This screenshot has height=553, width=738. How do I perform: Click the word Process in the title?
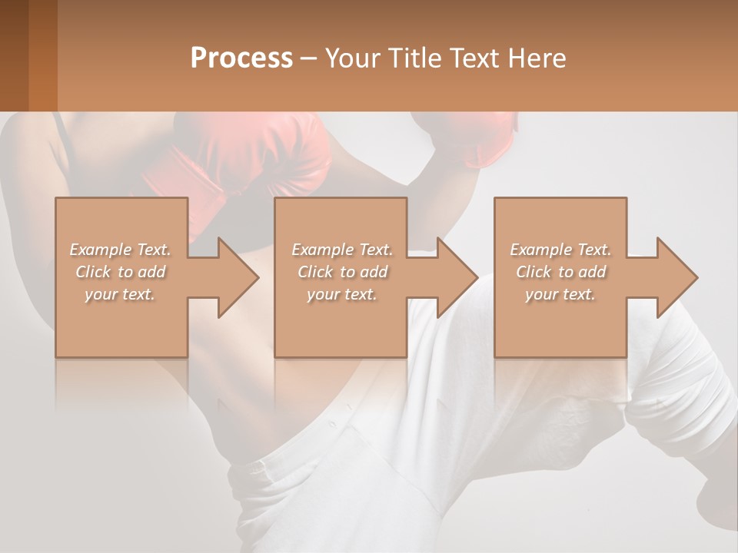(241, 58)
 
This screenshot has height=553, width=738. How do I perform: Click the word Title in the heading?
(414, 58)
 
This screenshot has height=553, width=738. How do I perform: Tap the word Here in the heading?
(536, 58)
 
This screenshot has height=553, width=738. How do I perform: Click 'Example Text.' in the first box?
(120, 250)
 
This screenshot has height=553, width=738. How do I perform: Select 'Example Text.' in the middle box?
(341, 250)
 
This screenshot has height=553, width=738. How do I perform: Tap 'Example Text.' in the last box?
(560, 250)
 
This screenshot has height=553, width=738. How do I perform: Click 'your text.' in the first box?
(120, 294)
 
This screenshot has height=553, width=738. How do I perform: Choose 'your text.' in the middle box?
(341, 294)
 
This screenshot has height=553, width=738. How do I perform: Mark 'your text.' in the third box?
(560, 294)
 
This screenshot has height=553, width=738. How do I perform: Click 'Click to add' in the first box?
(120, 272)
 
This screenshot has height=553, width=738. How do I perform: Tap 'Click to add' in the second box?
(341, 272)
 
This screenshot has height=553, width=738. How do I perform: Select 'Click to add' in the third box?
(560, 272)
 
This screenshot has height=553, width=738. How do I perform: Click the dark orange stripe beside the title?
(42, 55)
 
